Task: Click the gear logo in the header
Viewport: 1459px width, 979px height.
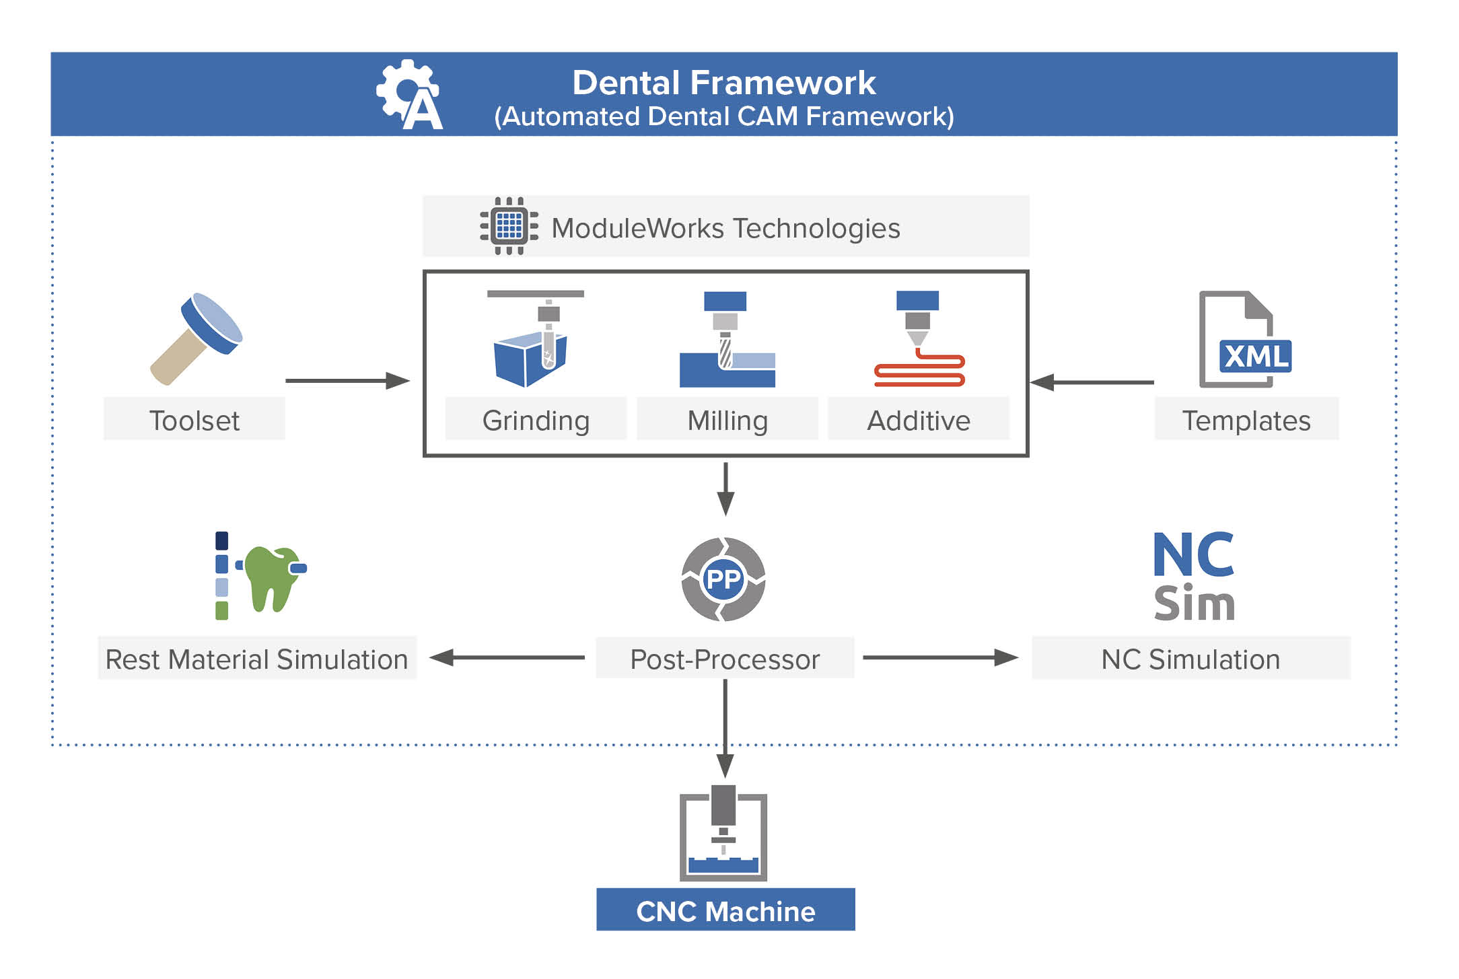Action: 408,94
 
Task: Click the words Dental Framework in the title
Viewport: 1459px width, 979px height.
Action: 723,83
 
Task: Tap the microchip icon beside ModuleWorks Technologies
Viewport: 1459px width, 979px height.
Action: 509,226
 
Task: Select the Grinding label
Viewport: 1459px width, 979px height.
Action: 536,421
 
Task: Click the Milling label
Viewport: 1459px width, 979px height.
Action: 727,421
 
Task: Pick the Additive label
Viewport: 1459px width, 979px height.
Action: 918,421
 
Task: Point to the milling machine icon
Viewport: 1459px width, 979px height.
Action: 727,340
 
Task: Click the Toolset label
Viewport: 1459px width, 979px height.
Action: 194,421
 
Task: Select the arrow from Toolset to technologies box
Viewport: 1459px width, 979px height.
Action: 347,381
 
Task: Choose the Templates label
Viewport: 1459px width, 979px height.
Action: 1246,421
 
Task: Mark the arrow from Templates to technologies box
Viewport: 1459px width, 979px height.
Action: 1092,382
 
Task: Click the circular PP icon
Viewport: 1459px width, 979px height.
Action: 723,579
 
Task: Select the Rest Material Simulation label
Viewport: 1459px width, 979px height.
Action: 257,659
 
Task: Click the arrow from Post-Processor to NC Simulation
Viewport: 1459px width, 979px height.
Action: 939,657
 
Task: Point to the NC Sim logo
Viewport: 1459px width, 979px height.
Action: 1193,577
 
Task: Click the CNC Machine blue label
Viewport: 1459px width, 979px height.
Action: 725,910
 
